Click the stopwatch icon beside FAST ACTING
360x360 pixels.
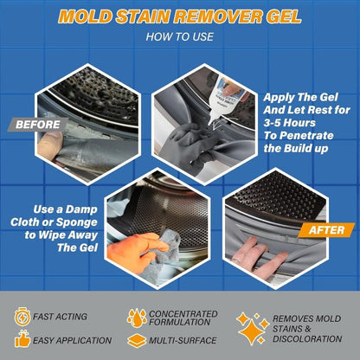[x=21, y=318]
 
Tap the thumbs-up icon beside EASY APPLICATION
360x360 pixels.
[x=21, y=340]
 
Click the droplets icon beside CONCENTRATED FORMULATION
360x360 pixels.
[x=136, y=318]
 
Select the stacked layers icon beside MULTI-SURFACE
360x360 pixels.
[x=136, y=340]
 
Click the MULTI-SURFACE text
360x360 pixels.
[x=182, y=340]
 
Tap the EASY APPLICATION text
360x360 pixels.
[x=73, y=340]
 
